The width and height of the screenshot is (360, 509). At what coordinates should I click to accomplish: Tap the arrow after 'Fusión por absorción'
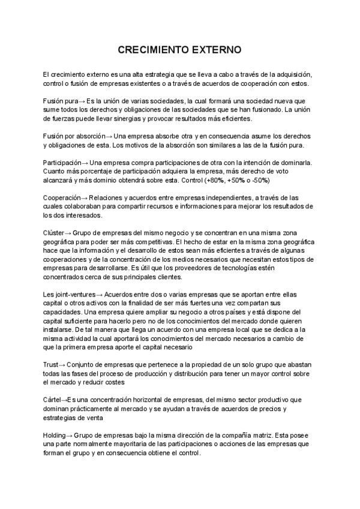point(109,136)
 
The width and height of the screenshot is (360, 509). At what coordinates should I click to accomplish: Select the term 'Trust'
point(50,364)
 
